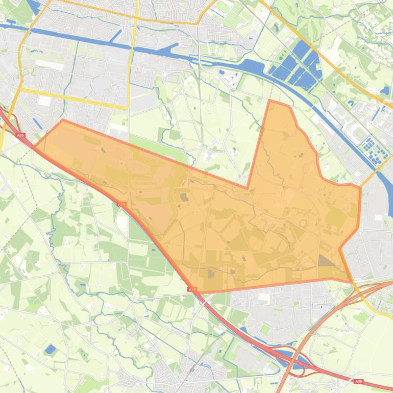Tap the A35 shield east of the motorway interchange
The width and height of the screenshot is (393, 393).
[x=359, y=381]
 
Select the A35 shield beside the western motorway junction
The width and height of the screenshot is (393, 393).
[x=20, y=135]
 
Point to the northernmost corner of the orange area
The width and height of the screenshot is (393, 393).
[x=269, y=101]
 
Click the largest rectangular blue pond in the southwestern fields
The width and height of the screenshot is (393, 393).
[x=50, y=349]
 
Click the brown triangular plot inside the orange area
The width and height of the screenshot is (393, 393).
[x=325, y=261]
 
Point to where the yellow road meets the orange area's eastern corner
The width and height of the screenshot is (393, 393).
[x=360, y=187]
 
